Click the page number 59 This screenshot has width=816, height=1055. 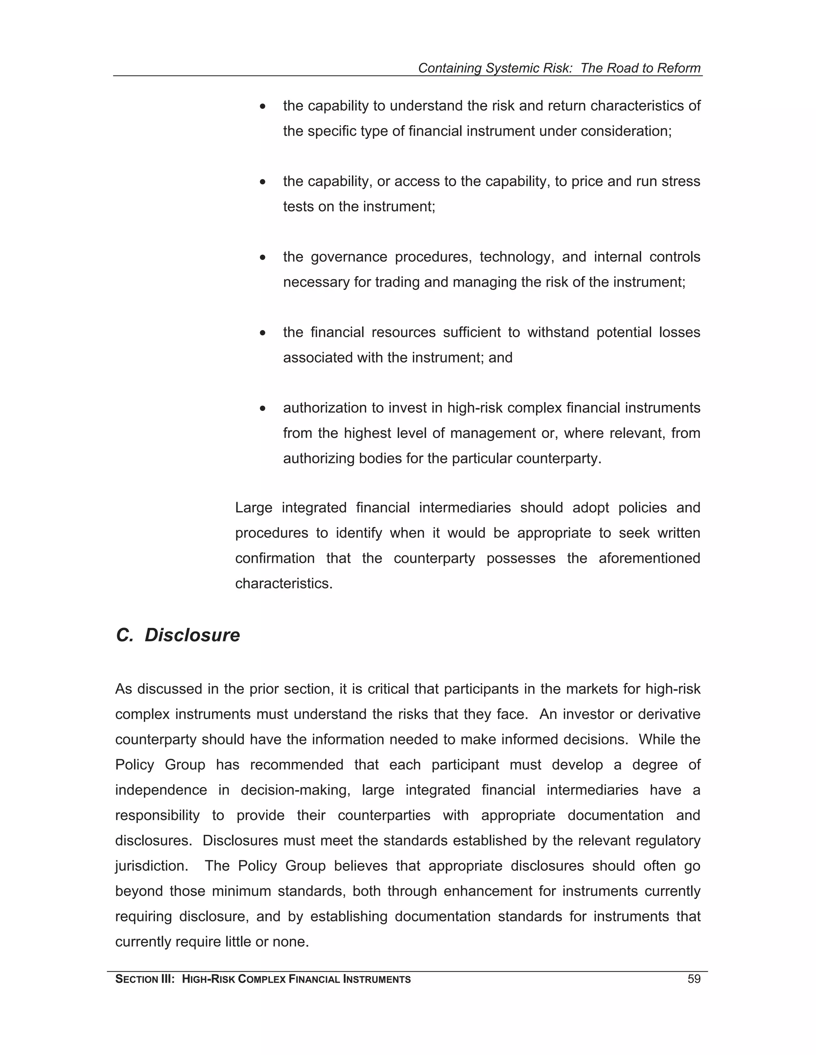[694, 979]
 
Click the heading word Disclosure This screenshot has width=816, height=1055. [192, 635]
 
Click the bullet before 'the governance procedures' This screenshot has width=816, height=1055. [263, 258]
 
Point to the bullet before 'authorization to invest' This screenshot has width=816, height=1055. [263, 409]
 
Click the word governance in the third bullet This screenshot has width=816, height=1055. [349, 257]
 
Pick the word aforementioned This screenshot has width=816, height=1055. [649, 559]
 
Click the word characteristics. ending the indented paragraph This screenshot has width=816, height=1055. [284, 584]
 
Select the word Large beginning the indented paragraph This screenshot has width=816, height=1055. [254, 508]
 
